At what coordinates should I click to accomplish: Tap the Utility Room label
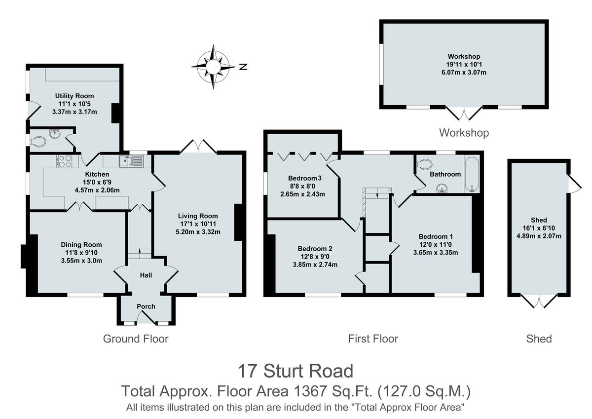pos(74,96)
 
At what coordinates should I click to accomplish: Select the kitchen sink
pos(131,160)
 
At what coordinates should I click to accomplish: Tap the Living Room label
pos(198,216)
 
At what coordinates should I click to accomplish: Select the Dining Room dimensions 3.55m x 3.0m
pos(81,261)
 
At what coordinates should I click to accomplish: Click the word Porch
pos(146,306)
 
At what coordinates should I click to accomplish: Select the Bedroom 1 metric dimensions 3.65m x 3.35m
pos(436,253)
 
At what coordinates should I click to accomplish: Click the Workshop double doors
pos(464,113)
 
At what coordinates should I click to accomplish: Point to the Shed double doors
pos(539,301)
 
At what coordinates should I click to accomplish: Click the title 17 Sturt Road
pos(296,370)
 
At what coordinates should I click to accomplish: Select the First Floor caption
pos(373,339)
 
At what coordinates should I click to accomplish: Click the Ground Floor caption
pos(136,339)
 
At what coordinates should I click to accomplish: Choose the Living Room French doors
pos(198,147)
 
